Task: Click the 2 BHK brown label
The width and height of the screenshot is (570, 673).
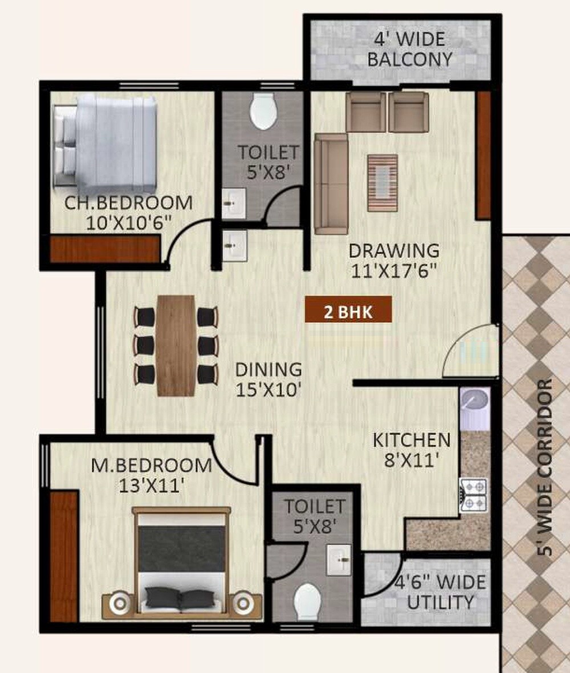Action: coord(348,311)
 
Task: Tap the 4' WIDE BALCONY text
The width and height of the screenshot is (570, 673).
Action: coord(410,50)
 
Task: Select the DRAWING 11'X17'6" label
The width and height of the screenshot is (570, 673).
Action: coord(394,260)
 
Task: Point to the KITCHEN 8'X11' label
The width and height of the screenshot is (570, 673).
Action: coord(412,449)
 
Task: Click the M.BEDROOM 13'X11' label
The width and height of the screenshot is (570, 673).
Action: coord(152,475)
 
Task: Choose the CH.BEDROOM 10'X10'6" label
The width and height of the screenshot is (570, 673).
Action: coord(128,212)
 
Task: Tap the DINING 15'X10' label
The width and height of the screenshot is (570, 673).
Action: coord(268,380)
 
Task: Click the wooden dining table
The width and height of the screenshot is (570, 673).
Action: coord(176,345)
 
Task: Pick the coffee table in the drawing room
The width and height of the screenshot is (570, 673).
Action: coord(382,182)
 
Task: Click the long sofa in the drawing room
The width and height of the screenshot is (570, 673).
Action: coord(331,183)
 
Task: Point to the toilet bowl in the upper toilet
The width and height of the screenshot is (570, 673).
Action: coord(263,111)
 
